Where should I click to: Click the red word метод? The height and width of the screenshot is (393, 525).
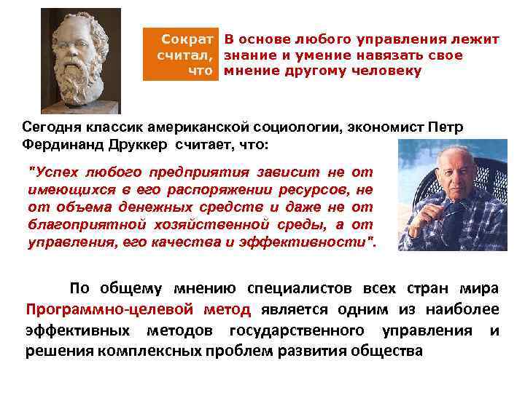pos(227,309)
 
